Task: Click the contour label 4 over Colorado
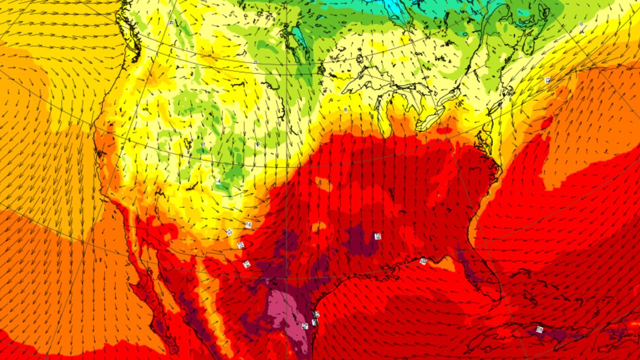pos(219,182)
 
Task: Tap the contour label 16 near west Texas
pos(248,225)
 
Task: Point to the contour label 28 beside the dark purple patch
pos(378,236)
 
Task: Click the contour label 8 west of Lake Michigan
pos(346,110)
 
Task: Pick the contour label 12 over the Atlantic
pos(547,80)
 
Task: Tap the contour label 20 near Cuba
pos(539,330)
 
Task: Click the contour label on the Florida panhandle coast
pos(423,261)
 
